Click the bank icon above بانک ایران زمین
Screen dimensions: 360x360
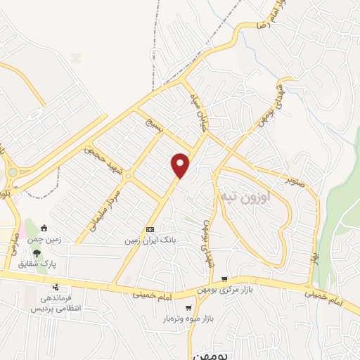coord(150,230)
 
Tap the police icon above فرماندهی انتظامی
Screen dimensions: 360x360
coord(56,288)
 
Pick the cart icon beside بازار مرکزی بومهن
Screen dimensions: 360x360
coord(224,279)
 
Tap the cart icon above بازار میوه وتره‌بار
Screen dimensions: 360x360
coord(188,307)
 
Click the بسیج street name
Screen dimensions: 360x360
coord(154,127)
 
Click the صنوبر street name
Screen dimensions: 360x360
coord(299,179)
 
